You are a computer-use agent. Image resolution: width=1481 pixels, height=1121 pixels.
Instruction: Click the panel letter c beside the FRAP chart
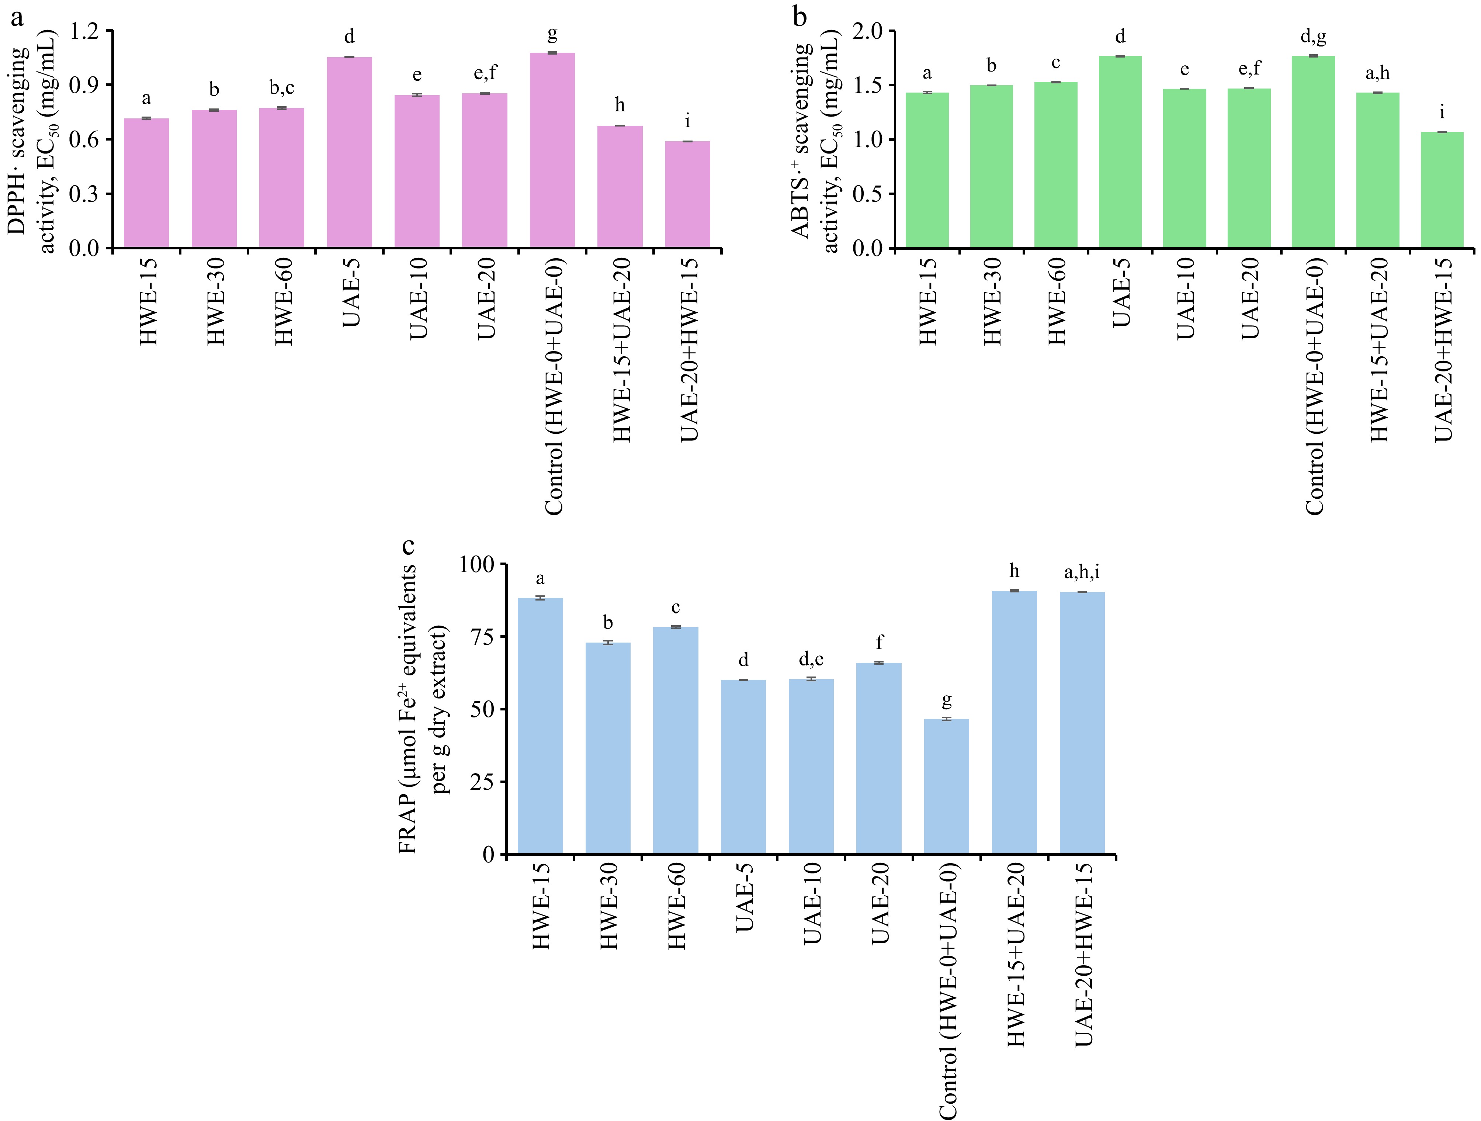(407, 546)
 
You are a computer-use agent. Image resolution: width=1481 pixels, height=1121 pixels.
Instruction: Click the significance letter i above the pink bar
(688, 122)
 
